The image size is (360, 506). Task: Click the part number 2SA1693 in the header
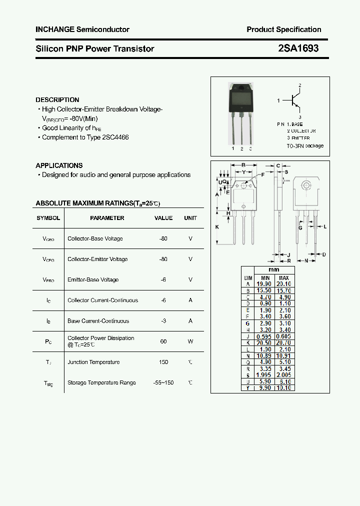(x=298, y=48)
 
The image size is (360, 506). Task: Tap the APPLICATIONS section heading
(x=59, y=165)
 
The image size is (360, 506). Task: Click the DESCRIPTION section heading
(x=57, y=100)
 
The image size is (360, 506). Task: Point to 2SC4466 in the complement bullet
(x=116, y=137)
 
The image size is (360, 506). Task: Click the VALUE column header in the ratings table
(x=163, y=218)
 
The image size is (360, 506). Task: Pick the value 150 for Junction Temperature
(x=163, y=362)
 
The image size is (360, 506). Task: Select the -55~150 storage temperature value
(x=163, y=382)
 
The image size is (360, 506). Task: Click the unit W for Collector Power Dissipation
(x=190, y=341)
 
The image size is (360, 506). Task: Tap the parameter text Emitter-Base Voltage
(x=93, y=279)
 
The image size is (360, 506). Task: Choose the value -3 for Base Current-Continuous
(x=163, y=321)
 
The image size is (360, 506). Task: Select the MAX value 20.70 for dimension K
(x=283, y=342)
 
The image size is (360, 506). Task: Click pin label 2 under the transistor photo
(x=241, y=148)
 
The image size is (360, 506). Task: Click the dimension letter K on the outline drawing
(x=217, y=227)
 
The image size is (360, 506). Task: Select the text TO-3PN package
(x=305, y=146)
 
